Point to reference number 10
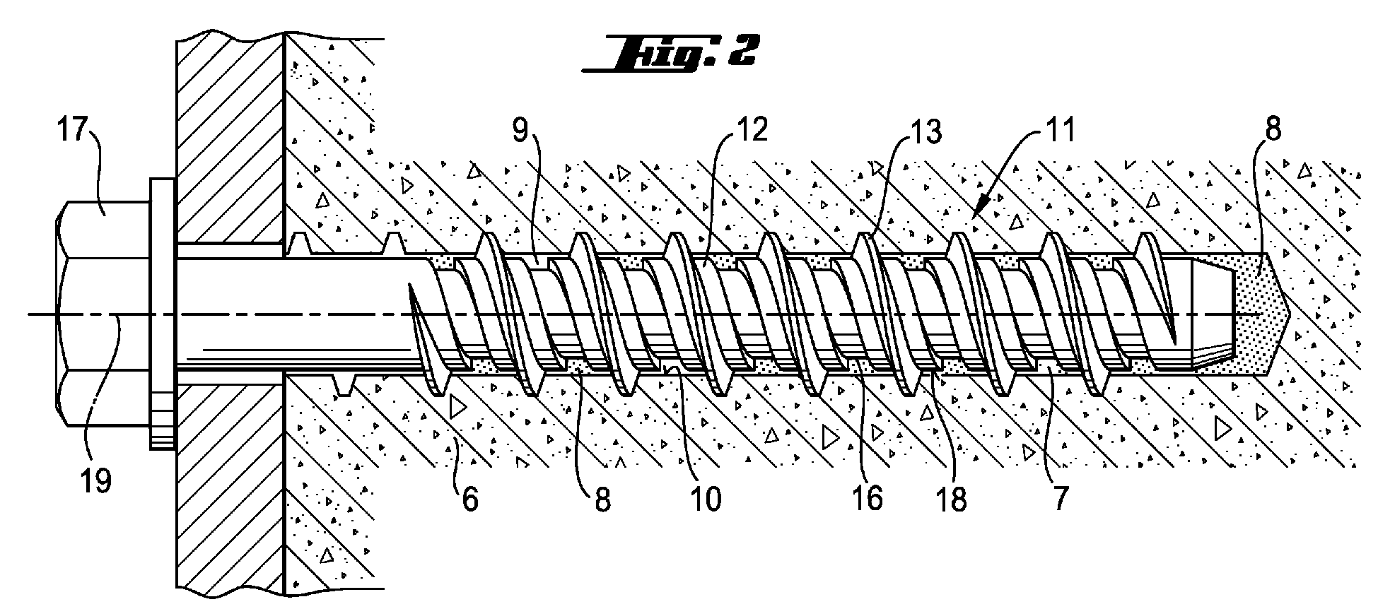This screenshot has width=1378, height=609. click(706, 499)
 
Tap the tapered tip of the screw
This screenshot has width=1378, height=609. click(1213, 314)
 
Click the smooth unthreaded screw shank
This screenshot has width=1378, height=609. click(297, 314)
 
